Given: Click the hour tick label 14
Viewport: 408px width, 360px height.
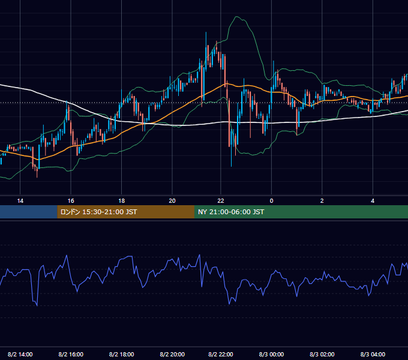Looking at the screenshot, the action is pyautogui.click(x=20, y=201).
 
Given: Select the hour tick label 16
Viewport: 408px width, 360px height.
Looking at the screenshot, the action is pyautogui.click(x=71, y=201).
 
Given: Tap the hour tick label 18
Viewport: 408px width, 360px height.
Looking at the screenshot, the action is pyautogui.click(x=122, y=201).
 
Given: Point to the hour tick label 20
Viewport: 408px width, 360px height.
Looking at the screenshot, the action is pyautogui.click(x=172, y=201).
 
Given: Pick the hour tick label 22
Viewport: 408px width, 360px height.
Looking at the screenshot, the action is pyautogui.click(x=221, y=201).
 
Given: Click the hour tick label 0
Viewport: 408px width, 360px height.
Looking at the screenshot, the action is pyautogui.click(x=271, y=201).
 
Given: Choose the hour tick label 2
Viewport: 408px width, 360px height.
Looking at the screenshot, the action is pyautogui.click(x=322, y=201).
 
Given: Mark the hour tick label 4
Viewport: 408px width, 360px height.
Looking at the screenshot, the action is pyautogui.click(x=373, y=201).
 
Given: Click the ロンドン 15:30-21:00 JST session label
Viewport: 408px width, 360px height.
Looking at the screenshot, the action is pyautogui.click(x=98, y=212).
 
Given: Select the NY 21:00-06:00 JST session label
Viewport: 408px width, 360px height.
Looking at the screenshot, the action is pyautogui.click(x=231, y=212).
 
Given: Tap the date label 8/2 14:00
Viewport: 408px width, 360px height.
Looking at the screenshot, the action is pyautogui.click(x=20, y=354).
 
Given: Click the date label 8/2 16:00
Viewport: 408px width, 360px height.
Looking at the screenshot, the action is pyautogui.click(x=71, y=354).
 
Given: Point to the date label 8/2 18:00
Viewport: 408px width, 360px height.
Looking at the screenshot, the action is pyautogui.click(x=122, y=354).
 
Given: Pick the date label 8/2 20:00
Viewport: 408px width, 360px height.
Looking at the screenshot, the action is pyautogui.click(x=172, y=354).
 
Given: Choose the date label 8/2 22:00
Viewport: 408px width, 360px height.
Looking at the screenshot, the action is pyautogui.click(x=221, y=354).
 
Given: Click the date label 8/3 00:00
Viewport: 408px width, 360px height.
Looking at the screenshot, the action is pyautogui.click(x=271, y=354).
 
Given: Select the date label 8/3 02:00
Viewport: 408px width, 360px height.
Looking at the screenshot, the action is pyautogui.click(x=322, y=354).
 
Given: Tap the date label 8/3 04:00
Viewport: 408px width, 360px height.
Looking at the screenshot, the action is pyautogui.click(x=373, y=354).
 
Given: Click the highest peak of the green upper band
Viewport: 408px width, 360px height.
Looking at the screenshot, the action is pyautogui.click(x=236, y=17).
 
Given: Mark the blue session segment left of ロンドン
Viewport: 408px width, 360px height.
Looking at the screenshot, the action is pyautogui.click(x=29, y=212).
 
